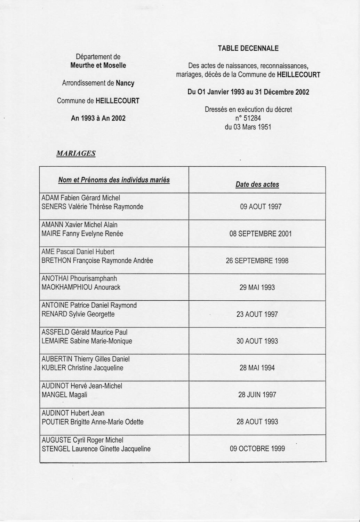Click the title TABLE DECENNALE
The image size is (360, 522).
click(248, 48)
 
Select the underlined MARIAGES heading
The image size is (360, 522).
click(76, 153)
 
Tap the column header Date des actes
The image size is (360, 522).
click(257, 184)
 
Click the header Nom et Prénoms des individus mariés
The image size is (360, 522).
click(114, 180)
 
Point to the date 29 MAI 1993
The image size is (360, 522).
click(257, 287)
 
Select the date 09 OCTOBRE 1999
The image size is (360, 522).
click(257, 449)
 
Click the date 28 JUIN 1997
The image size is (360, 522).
click(257, 395)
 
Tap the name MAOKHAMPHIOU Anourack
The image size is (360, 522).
click(81, 287)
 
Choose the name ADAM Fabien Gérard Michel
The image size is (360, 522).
click(81, 198)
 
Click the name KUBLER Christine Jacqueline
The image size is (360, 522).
click(82, 368)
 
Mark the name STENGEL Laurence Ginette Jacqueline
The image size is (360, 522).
click(96, 449)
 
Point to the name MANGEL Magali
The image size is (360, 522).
click(64, 395)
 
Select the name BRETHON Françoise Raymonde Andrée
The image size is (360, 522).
click(97, 261)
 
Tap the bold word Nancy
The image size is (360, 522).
click(125, 83)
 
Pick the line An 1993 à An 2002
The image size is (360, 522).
click(98, 118)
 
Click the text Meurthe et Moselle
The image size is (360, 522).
click(98, 65)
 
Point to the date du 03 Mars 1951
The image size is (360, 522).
click(248, 127)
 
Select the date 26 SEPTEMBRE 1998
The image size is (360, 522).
click(257, 261)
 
